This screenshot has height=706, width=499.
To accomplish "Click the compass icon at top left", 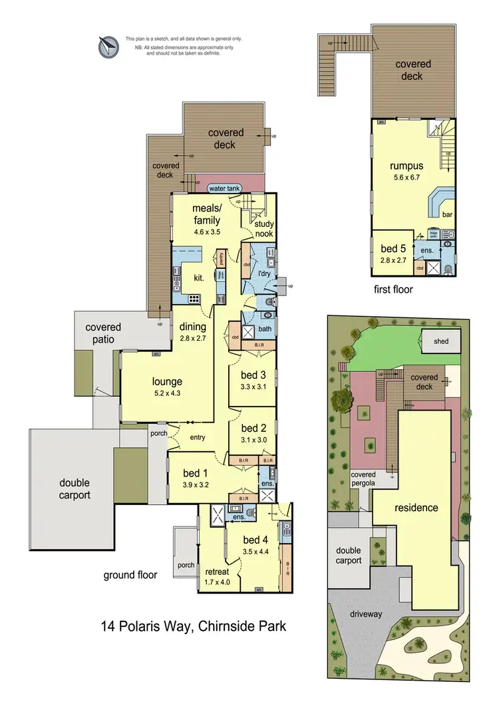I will coord(106,46).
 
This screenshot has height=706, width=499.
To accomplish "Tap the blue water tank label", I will coord(224,188).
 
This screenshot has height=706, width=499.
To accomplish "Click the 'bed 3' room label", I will coord(253,374).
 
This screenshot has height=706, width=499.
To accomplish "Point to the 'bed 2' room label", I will coord(253,428).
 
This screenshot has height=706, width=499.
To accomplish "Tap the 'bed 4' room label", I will coord(256,540).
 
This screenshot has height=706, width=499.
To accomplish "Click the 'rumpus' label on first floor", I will coord(407,165).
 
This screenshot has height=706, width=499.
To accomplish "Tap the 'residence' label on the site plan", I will coord(416,507).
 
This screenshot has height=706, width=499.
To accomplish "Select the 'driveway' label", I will coord(366,614).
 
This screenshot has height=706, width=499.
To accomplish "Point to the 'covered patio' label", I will coord(103,333).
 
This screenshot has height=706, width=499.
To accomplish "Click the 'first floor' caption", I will coord(393,289).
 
